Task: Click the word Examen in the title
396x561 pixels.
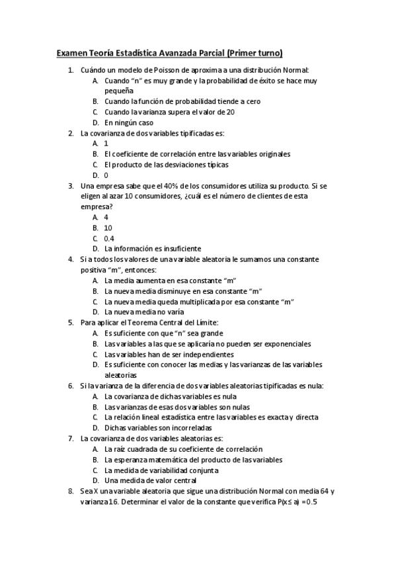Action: click(x=71, y=52)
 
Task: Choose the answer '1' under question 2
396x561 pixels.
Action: click(x=106, y=143)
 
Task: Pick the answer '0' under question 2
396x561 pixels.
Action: click(x=106, y=175)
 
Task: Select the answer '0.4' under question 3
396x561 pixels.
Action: click(x=109, y=238)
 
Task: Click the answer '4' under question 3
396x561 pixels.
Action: click(x=106, y=217)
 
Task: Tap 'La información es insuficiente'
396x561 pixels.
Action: click(x=153, y=249)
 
